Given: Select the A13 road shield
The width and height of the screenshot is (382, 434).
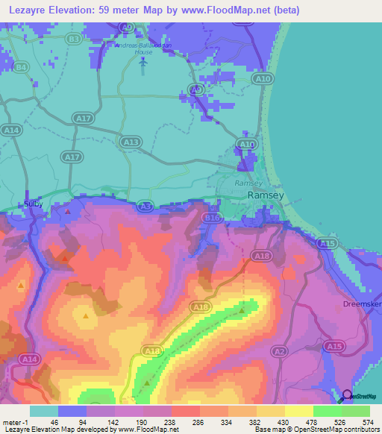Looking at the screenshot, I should pos(131,142).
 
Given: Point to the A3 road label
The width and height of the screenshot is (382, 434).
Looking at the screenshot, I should pos(146,206).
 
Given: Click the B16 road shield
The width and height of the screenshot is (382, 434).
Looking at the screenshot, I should pos(213,218).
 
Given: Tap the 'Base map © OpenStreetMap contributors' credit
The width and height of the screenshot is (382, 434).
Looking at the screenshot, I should pos(314,429).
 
